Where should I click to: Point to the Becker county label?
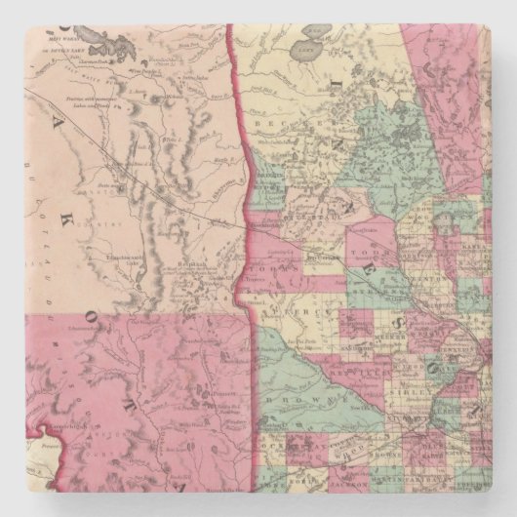coord(272,129)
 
